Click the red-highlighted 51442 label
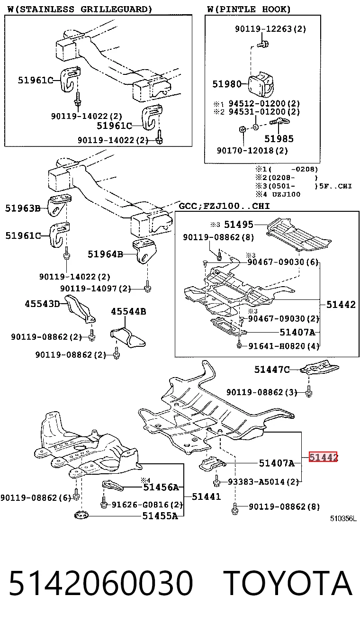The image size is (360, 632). [x=323, y=457]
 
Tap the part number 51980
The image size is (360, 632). [x=227, y=84]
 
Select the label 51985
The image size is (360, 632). [x=279, y=138]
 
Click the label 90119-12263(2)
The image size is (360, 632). [x=270, y=29]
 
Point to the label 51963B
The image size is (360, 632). [x=23, y=208]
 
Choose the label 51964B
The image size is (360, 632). [x=105, y=254]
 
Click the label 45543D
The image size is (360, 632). [x=42, y=304]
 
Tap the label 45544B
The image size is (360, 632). [x=128, y=311]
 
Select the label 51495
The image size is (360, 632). [x=239, y=225]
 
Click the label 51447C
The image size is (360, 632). [x=272, y=370]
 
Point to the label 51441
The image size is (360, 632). [x=206, y=497]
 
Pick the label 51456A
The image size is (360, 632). [x=161, y=487]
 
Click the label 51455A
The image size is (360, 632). [x=160, y=516]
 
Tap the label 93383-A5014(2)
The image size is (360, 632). [x=263, y=482]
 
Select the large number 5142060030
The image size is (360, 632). [x=101, y=583]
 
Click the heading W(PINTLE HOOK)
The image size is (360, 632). [x=249, y=9]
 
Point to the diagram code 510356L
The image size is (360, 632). [x=343, y=519]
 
